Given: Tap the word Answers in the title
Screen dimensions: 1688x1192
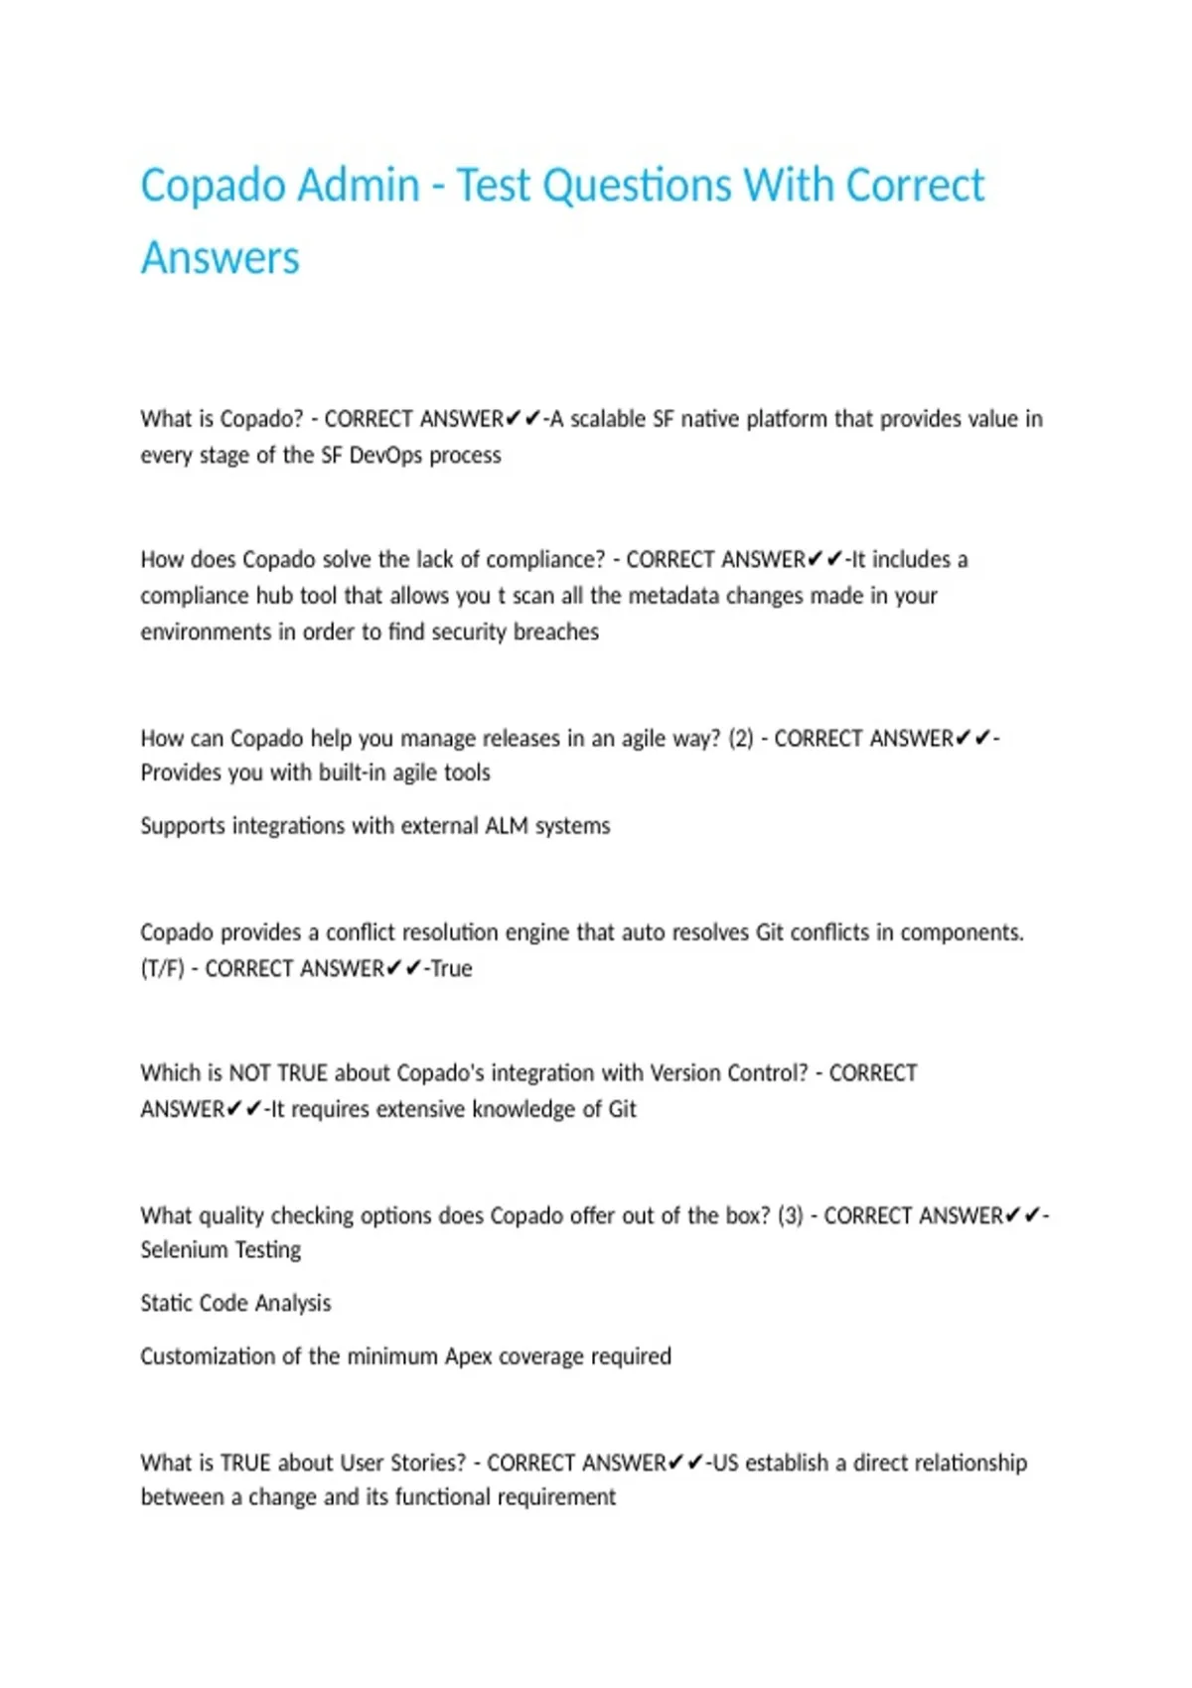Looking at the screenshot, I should point(220,258).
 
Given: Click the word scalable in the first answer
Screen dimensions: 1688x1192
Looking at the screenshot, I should point(607,419).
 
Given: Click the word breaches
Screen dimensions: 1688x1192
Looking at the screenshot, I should point(556,632).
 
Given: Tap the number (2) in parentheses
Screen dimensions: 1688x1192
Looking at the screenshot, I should point(741,739).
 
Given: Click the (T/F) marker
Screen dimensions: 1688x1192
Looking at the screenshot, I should point(162,969).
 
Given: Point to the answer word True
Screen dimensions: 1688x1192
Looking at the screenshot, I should point(451,969).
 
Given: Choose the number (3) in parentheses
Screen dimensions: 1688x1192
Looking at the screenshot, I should point(791,1216).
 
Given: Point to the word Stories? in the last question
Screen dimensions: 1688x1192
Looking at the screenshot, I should point(426,1463).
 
